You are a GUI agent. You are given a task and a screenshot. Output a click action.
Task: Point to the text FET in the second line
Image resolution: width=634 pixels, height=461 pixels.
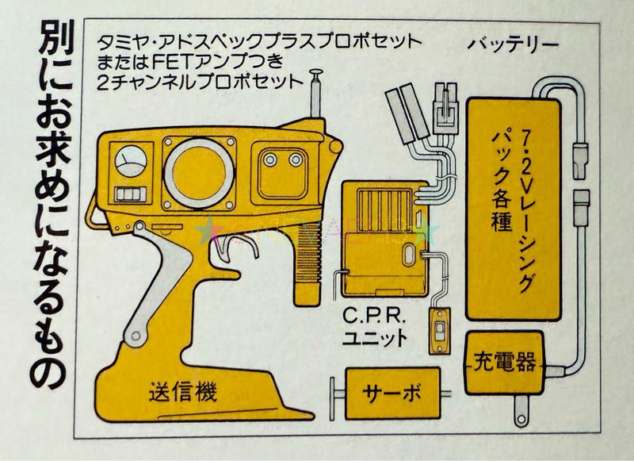(176, 61)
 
